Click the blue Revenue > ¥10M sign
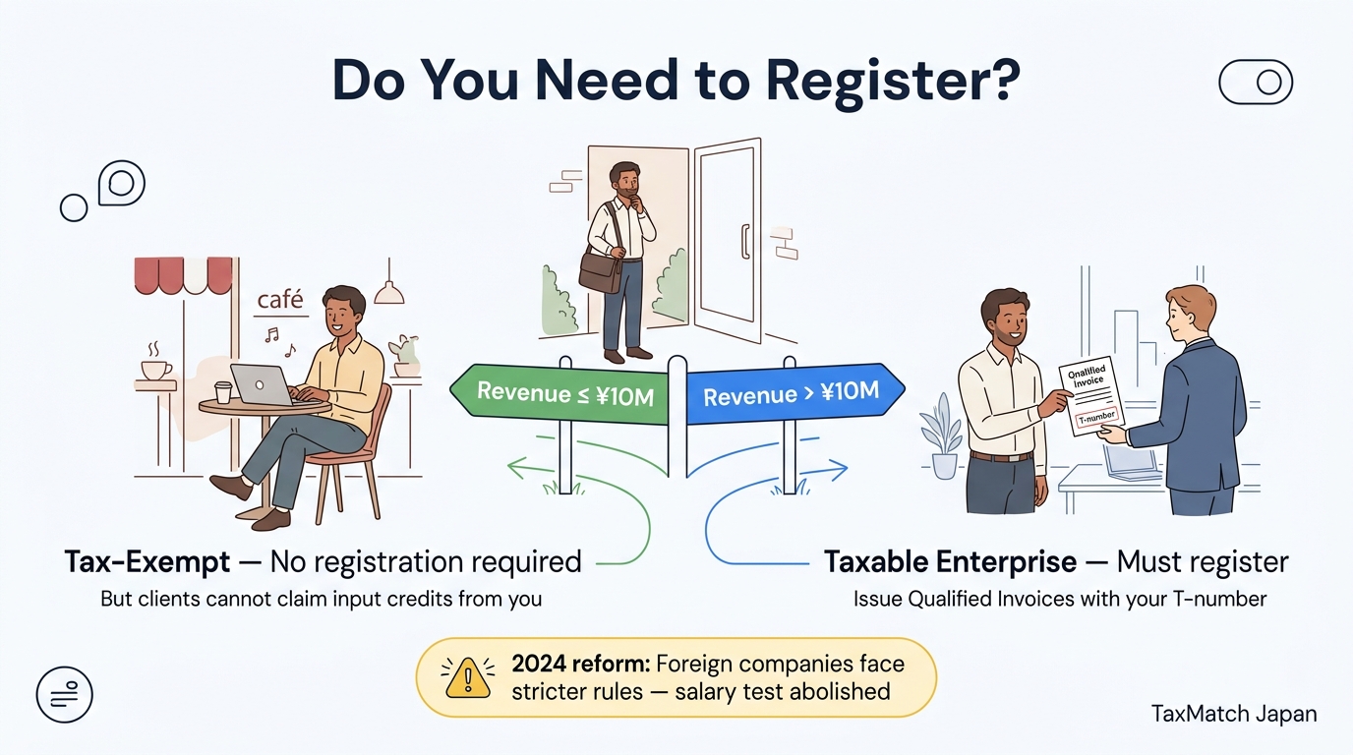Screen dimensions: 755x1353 pyautogui.click(x=791, y=395)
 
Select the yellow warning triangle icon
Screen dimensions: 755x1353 pyautogui.click(x=468, y=677)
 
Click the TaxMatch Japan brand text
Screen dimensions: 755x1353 pyautogui.click(x=1233, y=714)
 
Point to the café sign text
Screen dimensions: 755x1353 pyautogui.click(x=280, y=300)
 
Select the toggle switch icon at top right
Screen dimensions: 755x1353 pyautogui.click(x=1255, y=83)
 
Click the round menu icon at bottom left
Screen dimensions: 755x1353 pyautogui.click(x=64, y=694)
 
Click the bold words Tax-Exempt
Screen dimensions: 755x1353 pyautogui.click(x=147, y=562)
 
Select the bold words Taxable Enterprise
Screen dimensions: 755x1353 pyautogui.click(x=950, y=562)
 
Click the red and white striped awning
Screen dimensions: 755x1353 pyautogui.click(x=184, y=275)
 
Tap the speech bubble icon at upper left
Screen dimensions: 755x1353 pyautogui.click(x=122, y=183)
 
